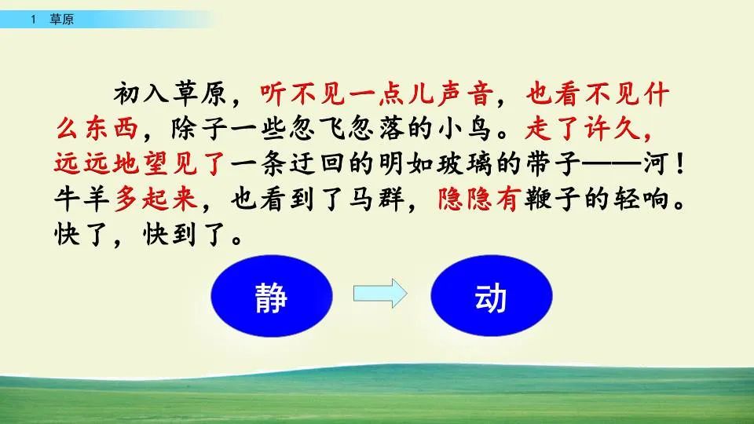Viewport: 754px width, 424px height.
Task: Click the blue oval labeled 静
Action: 271,298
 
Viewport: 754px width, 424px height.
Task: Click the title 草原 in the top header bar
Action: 61,20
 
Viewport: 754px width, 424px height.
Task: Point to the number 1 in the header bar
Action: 34,20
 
